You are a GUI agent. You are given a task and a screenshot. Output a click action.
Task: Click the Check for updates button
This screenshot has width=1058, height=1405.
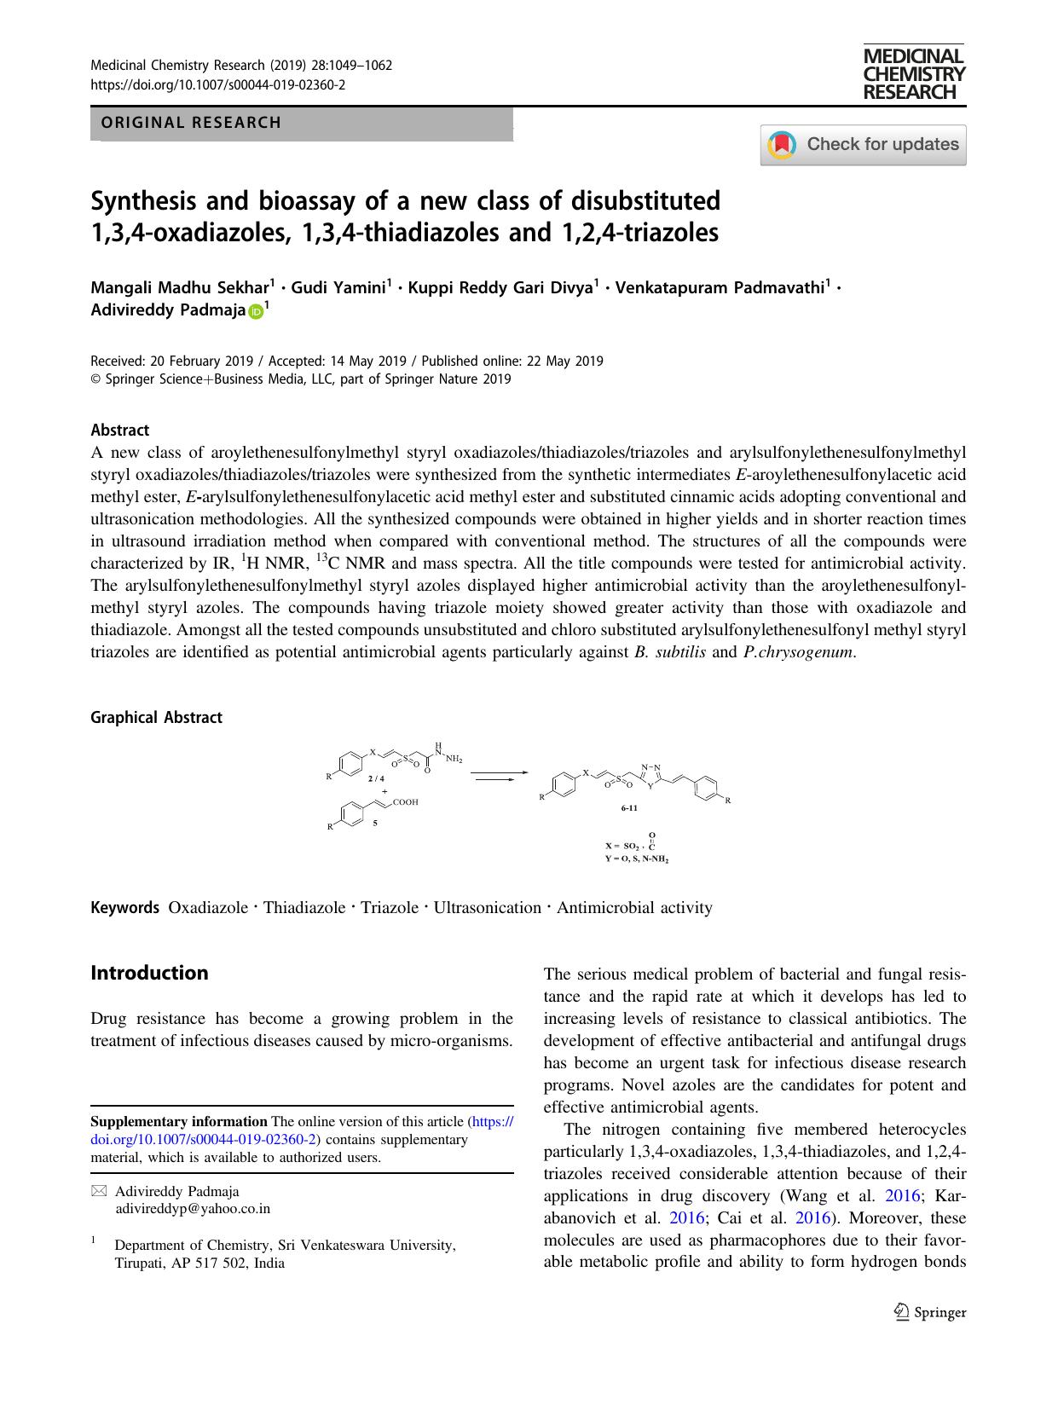pyautogui.click(x=863, y=144)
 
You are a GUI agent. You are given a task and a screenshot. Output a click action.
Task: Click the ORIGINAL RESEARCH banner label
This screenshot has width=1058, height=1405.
pyautogui.click(x=191, y=123)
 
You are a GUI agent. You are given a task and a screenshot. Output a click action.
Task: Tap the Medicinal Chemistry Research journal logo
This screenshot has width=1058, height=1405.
pyautogui.click(x=913, y=74)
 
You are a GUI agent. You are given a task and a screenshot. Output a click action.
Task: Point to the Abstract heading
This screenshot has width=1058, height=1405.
pyautogui.click(x=119, y=431)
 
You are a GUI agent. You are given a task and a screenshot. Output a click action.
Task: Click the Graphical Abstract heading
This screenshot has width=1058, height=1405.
pyautogui.click(x=156, y=718)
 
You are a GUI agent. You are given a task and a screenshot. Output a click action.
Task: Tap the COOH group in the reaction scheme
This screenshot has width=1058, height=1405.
pyautogui.click(x=405, y=802)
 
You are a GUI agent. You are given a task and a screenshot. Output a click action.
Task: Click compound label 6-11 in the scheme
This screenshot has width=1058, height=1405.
pyautogui.click(x=629, y=807)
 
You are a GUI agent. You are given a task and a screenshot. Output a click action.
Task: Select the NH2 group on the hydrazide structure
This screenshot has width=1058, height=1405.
pyautogui.click(x=453, y=758)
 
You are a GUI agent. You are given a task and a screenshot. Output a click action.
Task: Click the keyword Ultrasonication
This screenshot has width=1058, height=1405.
pyautogui.click(x=487, y=908)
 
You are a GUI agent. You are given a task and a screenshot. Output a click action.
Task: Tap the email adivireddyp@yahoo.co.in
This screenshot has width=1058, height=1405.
pyautogui.click(x=192, y=1208)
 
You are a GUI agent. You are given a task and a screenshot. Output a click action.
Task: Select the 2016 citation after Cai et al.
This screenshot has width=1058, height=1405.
pyautogui.click(x=812, y=1218)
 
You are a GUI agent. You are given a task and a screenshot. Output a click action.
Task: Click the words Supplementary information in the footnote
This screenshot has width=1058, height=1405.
pyautogui.click(x=178, y=1122)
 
